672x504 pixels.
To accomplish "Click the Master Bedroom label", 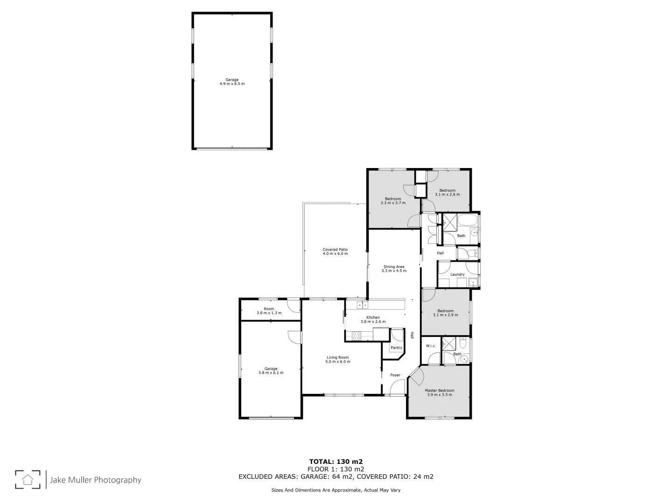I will click(439, 391).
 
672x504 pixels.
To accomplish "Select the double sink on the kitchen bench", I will click(362, 305).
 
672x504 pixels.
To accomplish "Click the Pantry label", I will click(396, 348).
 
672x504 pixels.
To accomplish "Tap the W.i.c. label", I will click(430, 346).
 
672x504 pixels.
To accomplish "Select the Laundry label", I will click(457, 274).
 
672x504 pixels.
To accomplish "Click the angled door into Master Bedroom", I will click(416, 374).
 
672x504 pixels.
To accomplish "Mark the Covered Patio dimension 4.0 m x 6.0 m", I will click(335, 253).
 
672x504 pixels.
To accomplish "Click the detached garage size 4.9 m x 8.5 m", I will click(232, 84).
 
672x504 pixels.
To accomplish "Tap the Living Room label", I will click(337, 357).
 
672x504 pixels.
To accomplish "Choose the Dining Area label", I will click(394, 267).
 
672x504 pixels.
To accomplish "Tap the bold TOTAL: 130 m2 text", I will click(336, 462).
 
